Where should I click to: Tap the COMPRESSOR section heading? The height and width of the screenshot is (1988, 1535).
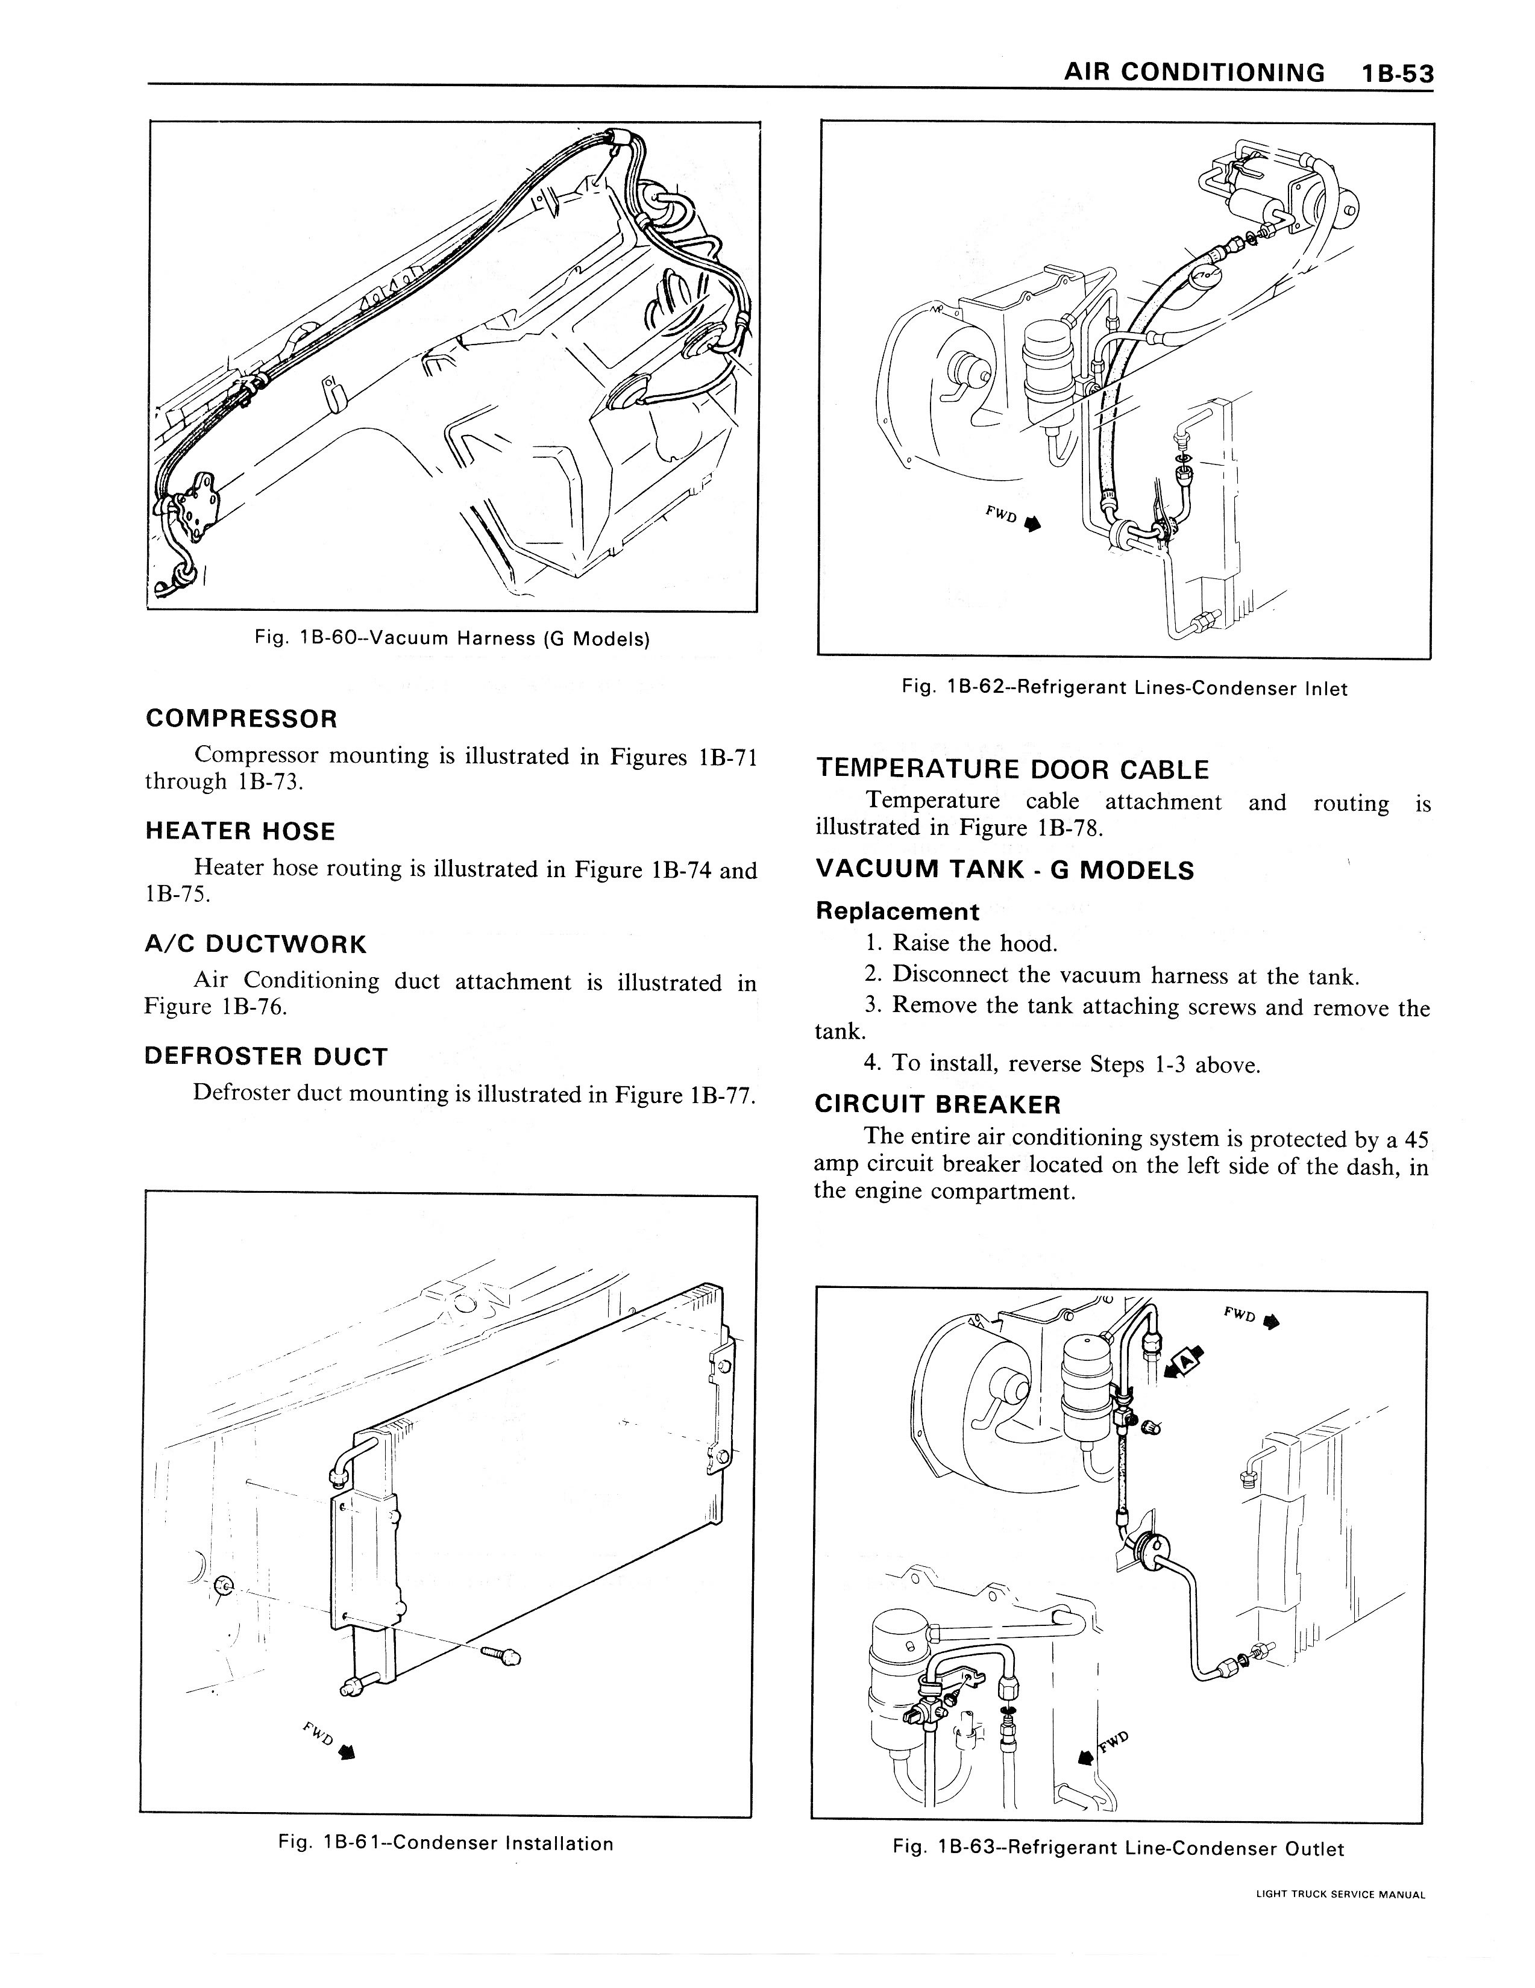pyautogui.click(x=241, y=719)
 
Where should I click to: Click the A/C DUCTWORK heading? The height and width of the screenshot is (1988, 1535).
pyautogui.click(x=255, y=944)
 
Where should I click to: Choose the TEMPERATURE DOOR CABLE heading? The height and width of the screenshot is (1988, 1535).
pyautogui.click(x=1012, y=770)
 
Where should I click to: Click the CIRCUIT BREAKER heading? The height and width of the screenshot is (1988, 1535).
pyautogui.click(x=938, y=1105)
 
